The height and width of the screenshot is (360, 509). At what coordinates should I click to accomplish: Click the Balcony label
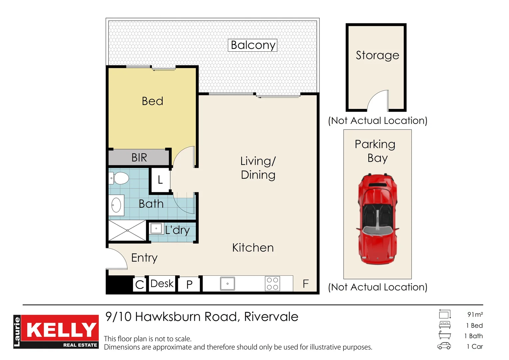point(253,45)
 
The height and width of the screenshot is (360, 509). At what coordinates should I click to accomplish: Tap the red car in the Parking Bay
point(377,219)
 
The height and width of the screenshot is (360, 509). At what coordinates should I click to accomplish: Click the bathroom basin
point(116,205)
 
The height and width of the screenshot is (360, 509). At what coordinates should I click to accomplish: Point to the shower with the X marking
point(127,230)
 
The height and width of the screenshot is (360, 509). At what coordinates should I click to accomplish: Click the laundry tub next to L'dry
point(156,229)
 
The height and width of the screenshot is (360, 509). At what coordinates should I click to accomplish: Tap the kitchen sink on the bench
point(228,284)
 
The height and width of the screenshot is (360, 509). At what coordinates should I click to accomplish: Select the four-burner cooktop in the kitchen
point(272,284)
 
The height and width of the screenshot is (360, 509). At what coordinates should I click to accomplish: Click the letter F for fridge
point(305,284)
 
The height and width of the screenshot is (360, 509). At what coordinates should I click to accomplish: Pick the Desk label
point(162,283)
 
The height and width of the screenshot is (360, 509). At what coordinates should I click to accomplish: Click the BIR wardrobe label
point(139,157)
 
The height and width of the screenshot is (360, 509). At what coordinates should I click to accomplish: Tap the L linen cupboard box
point(160,180)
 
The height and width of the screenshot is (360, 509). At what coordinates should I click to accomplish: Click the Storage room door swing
point(378,101)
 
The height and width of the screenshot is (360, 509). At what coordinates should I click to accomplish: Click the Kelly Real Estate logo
point(56,332)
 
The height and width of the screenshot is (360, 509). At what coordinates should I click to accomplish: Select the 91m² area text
point(475,314)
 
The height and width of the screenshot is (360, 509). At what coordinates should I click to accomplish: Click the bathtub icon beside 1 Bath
point(444,335)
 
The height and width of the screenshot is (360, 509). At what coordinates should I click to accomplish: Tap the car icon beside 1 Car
point(444,346)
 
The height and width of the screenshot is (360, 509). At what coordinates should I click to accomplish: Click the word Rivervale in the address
point(271,317)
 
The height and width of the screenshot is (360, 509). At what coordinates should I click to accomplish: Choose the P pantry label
point(189,284)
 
